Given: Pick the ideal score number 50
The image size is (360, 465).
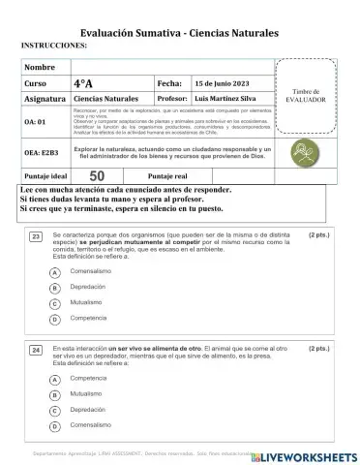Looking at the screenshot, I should [97, 175].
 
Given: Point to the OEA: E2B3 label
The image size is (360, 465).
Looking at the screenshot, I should [42, 152].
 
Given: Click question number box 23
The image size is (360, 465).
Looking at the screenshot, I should [36, 235].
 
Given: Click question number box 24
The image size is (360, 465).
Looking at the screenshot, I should [36, 348].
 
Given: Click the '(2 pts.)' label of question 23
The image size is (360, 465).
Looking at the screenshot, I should [320, 234].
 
